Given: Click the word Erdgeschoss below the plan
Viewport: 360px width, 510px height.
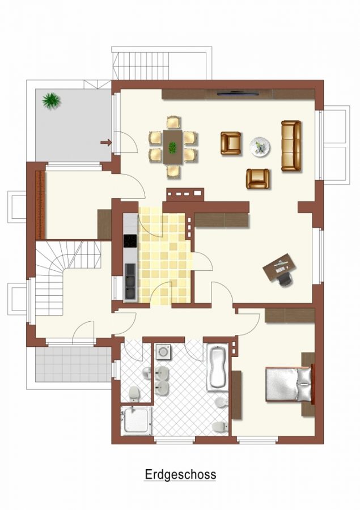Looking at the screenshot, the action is coord(180,475).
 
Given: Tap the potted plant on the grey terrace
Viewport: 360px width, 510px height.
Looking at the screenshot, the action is coord(52,100).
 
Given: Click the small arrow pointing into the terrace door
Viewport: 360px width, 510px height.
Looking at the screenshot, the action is coord(106,142).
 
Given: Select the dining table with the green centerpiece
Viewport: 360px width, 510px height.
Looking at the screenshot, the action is coord(172,147).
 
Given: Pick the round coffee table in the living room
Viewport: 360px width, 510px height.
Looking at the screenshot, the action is coord(260,146).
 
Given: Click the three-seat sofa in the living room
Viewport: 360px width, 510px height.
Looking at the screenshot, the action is coord(291,146).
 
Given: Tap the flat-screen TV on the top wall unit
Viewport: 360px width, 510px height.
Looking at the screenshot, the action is coord(238,94).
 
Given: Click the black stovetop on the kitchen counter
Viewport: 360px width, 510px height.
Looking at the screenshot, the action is coord(130,241).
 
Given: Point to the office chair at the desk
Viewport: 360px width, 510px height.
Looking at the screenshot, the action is coord(285,279).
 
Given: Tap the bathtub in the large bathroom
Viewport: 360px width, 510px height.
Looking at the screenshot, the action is coord(218,366).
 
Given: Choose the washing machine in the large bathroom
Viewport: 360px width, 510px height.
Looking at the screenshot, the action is coord(162,351).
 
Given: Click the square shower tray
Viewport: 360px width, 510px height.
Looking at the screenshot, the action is coord(136,420).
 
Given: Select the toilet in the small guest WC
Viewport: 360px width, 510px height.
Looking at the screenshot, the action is coord(134,394).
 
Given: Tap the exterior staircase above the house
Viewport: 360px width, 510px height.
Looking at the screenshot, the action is coord(142,63).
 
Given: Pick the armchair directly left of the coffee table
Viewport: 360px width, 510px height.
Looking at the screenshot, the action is coord(231,143).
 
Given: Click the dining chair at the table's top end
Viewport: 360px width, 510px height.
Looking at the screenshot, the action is coord(173,122).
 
